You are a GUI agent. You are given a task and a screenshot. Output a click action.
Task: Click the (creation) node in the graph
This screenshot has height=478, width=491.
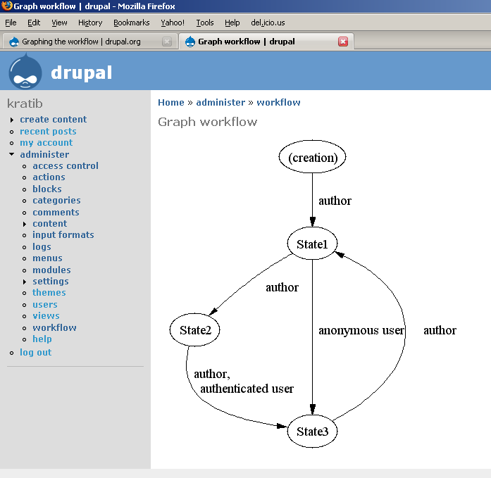click(x=312, y=157)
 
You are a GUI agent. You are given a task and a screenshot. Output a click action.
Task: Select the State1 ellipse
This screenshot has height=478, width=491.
click(x=312, y=244)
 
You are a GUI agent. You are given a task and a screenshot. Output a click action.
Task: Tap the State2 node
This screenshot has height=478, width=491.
click(x=194, y=329)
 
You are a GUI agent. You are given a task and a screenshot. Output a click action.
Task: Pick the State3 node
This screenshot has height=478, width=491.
click(x=312, y=431)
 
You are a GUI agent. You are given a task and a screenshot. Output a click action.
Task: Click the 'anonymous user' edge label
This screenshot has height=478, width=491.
click(x=361, y=330)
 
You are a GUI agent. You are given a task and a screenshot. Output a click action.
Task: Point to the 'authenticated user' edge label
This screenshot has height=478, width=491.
click(x=247, y=389)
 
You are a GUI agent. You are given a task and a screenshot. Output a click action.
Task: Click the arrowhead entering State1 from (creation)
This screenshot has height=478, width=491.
click(x=312, y=222)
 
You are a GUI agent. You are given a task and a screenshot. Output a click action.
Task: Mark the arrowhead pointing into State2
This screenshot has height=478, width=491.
click(x=213, y=311)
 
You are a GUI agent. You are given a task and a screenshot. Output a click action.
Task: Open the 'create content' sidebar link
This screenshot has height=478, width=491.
click(x=54, y=119)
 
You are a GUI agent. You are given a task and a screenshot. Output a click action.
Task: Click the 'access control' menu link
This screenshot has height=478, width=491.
click(x=66, y=165)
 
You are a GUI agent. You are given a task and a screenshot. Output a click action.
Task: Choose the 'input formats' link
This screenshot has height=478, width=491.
click(x=63, y=234)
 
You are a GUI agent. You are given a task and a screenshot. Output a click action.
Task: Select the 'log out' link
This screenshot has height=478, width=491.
click(x=36, y=352)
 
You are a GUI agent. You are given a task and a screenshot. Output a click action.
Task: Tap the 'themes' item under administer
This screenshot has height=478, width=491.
click(x=49, y=292)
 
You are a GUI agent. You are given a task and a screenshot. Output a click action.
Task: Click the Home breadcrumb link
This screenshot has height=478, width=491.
click(x=171, y=102)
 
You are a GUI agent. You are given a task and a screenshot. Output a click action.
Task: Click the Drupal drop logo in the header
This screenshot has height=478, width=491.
click(x=25, y=71)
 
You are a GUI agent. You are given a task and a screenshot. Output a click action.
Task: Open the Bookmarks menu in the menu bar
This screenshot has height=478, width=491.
click(x=132, y=23)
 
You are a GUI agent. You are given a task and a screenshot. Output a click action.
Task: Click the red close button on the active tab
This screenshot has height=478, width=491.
click(x=343, y=42)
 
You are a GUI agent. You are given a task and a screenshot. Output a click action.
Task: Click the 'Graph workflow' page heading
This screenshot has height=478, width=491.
click(x=207, y=122)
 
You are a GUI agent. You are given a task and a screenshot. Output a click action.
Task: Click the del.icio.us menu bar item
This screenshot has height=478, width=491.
click(x=268, y=23)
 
